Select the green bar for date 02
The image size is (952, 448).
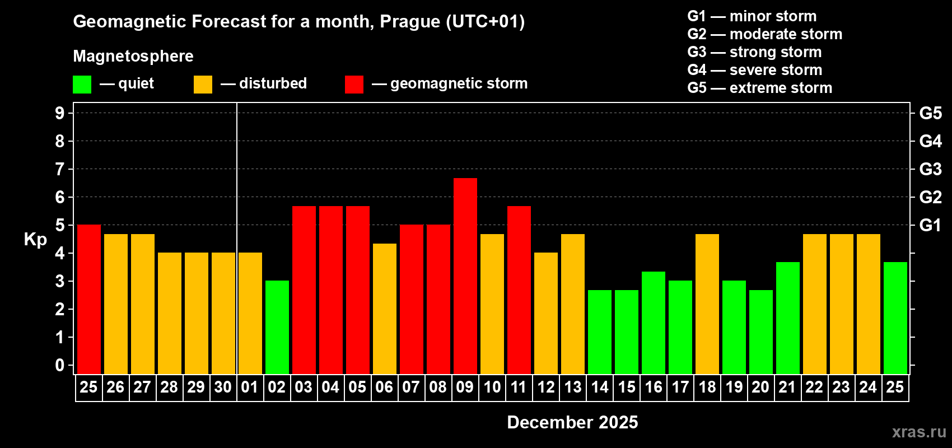277,327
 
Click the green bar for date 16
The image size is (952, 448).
653,323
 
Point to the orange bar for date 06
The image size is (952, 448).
384,309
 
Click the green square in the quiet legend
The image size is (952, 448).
82,85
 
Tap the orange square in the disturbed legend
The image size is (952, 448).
203,85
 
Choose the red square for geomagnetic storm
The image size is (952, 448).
354,85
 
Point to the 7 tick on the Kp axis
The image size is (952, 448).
60,169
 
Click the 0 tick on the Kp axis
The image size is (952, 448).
60,365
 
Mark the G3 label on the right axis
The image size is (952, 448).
930,169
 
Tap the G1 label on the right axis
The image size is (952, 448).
930,225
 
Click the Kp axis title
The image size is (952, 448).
35,239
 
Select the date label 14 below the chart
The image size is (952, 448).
599,387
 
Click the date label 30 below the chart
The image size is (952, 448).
223,387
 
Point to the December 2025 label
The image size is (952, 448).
572,422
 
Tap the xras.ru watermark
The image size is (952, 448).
919,432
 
